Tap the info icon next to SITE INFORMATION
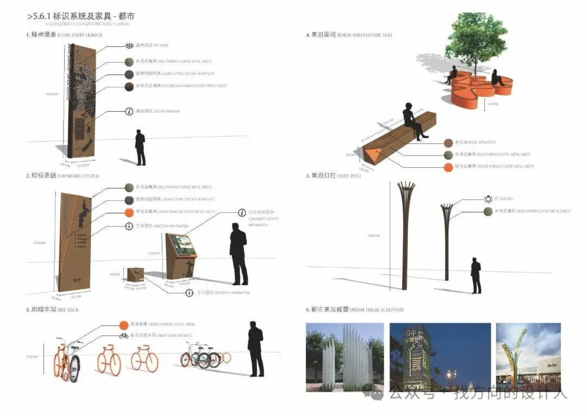click(129, 112)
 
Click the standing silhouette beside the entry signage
click(140, 147)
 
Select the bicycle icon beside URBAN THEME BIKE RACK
click(124, 335)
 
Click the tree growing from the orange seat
click(476, 38)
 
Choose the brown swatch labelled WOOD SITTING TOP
click(448, 143)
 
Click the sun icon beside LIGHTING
click(488, 199)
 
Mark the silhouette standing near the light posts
click(476, 276)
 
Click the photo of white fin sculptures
click(345, 357)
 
